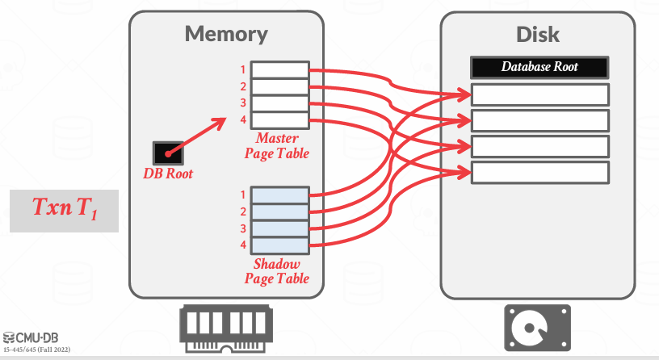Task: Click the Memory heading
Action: [226, 34]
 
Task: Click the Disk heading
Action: [538, 35]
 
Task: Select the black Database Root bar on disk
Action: [539, 67]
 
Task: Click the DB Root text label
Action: [168, 174]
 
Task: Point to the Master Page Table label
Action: [276, 146]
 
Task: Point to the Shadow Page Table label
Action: [276, 271]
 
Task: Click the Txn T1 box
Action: [64, 210]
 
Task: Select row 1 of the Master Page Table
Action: [279, 70]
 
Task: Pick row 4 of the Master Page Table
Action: [279, 121]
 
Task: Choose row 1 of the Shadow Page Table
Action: [279, 195]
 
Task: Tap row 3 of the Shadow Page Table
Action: [279, 228]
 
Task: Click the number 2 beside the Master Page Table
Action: [241, 86]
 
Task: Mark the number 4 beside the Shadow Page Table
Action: [241, 245]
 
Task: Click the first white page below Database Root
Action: [539, 94]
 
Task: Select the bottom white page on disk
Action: [539, 173]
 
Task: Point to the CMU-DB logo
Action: [32, 337]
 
